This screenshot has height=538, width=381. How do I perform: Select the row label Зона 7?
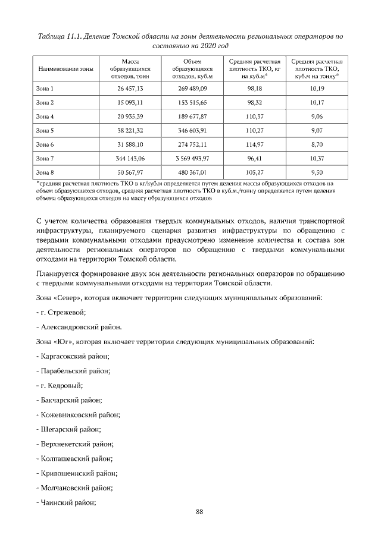pos(45,158)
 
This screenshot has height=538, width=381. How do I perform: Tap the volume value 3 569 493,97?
pos(189,158)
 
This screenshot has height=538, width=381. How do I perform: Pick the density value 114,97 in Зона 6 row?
pos(254,144)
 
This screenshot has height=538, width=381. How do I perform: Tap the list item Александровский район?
pos(79,326)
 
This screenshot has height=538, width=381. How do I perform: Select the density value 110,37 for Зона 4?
pos(254,117)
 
